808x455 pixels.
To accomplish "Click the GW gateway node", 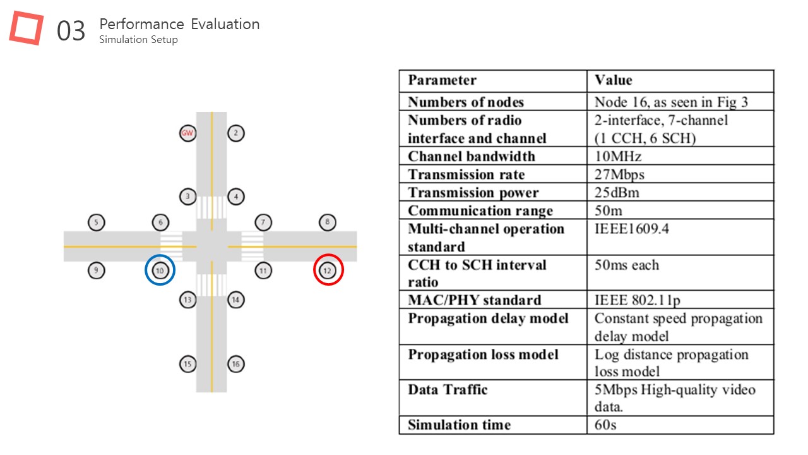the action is pos(187,133).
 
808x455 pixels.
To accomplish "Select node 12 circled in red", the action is pos(328,270).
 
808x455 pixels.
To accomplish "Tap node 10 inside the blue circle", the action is pos(160,270).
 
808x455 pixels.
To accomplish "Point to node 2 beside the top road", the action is pos(236,133).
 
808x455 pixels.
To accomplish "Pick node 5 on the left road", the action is pos(97,222).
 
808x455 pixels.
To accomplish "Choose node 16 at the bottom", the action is pos(236,364).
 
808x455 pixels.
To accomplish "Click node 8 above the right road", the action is pos(328,222).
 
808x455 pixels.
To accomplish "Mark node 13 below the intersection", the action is pos(187,300).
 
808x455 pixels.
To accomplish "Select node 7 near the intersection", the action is pos(263,222).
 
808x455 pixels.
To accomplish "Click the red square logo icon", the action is pos(27,28).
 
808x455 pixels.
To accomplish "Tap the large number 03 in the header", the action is pos(71,31).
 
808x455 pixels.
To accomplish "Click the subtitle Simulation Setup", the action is pos(138,40).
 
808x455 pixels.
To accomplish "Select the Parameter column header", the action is pos(443,80).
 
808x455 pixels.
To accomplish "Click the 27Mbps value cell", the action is pos(619,175).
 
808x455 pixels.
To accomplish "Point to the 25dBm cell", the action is pos(617,193).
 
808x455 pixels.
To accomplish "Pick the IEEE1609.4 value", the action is pos(632,229).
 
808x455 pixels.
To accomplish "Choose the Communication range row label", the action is pos(480,211).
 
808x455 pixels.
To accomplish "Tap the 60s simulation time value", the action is pos(605,425).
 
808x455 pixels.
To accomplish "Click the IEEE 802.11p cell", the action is pos(638,300).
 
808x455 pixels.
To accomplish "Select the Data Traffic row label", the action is pos(448,390).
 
